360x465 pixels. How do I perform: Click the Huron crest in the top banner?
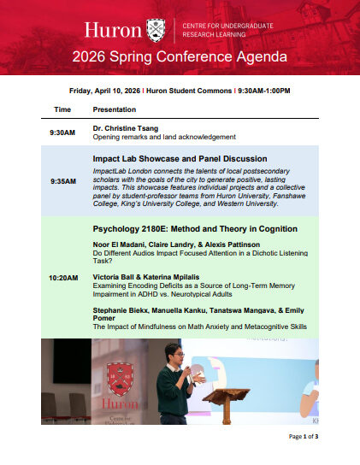tap(156, 30)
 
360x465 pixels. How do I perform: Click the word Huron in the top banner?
tap(114, 31)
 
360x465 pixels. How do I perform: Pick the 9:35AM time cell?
tap(63, 180)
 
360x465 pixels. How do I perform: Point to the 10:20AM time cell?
tap(63, 278)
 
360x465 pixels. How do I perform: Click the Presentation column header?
tap(114, 110)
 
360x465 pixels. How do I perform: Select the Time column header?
tap(62, 110)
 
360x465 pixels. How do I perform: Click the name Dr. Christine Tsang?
tap(126, 128)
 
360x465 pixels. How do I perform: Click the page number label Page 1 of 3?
tap(303, 437)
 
